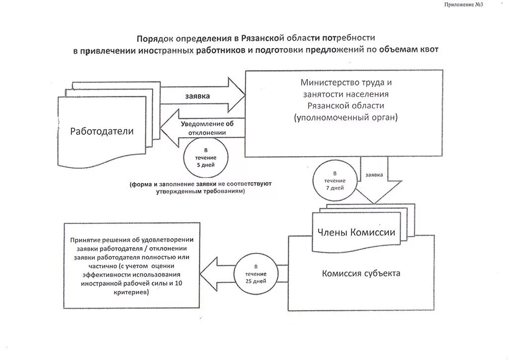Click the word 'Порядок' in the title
[x=155, y=38]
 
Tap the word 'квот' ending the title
[x=428, y=50]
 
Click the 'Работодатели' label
[x=102, y=131]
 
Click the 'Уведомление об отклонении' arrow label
[x=207, y=128]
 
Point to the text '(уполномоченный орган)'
[x=345, y=118]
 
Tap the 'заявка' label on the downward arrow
[x=374, y=175]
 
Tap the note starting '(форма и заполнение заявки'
[x=201, y=187]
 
